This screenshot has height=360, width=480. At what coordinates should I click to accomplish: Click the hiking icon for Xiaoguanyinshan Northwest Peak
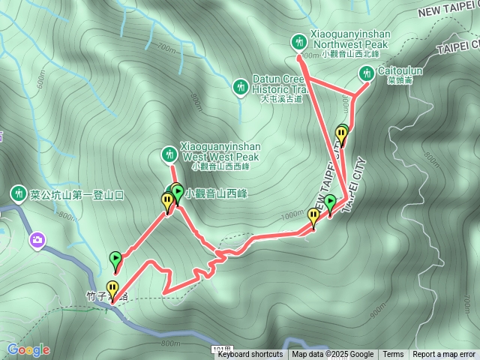299,40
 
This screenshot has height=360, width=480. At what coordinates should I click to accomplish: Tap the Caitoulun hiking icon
367,73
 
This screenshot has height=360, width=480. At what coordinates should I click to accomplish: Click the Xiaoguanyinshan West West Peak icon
170,155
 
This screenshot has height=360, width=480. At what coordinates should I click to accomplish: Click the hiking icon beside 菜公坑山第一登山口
17,195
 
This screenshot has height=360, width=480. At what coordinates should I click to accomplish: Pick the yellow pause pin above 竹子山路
112,288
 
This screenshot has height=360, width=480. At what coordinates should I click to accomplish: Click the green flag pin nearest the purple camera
115,260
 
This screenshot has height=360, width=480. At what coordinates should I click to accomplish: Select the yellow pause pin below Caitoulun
341,135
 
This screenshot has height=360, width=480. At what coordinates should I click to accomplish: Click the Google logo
28,349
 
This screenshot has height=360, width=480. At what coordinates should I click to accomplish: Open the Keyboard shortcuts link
250,355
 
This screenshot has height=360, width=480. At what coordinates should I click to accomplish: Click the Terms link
393,355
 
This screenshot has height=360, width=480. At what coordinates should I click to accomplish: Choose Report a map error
444,355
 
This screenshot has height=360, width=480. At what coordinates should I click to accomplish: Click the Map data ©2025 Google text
332,355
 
